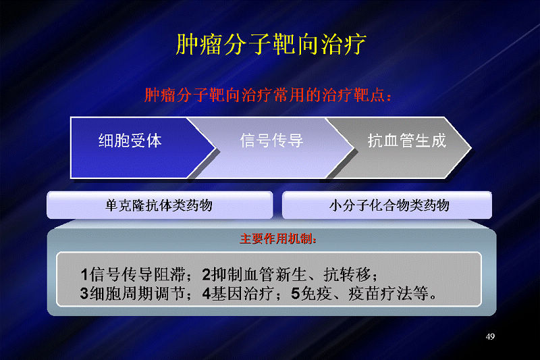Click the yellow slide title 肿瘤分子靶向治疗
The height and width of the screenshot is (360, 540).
[x=271, y=45]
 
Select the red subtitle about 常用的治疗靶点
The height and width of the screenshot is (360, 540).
[x=268, y=95]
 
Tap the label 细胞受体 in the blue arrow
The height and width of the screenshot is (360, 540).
[x=130, y=140]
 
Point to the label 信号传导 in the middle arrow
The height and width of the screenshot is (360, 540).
[x=271, y=140]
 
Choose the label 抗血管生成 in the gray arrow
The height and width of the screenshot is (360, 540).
[x=407, y=140]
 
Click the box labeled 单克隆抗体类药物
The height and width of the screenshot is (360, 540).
[x=159, y=205]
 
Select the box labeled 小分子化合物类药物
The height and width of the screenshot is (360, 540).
[x=387, y=205]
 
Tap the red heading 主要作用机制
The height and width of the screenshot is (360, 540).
[x=278, y=238]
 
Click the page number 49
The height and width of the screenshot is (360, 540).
[x=490, y=336]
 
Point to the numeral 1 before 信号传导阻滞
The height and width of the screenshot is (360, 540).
[x=85, y=275]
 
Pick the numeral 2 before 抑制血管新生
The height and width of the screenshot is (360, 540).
[x=206, y=275]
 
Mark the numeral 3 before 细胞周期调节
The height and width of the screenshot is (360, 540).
[x=84, y=294]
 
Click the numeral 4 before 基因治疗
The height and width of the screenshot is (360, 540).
[x=207, y=294]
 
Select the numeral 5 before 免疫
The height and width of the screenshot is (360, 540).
[x=296, y=294]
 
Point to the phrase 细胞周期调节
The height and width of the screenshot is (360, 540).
[x=137, y=294]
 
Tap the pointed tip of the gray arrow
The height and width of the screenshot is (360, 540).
[x=470, y=149]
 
